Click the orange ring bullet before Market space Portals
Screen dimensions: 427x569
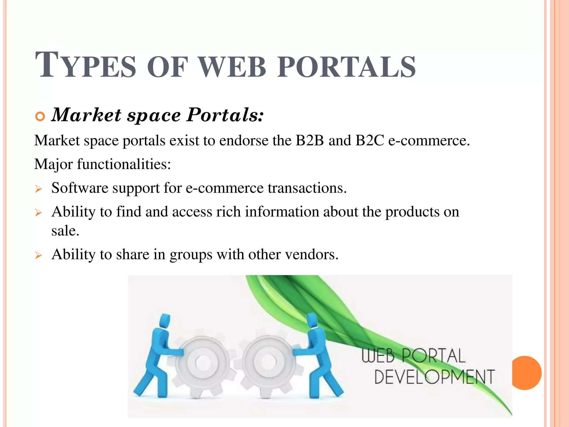coord(40,116)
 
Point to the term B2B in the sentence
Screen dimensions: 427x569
coord(310,140)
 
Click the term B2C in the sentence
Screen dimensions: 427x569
coord(370,140)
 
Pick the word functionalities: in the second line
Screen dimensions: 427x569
coord(124,164)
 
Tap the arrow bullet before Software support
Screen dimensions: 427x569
coord(38,189)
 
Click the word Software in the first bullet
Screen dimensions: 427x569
coord(80,188)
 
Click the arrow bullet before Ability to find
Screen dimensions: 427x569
coord(38,213)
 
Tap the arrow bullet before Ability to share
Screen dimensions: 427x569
coord(38,255)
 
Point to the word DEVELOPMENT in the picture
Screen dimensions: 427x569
coord(434,377)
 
